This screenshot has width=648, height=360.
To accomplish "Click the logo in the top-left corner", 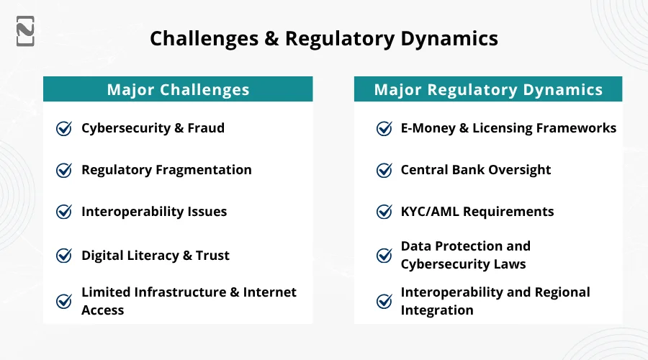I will [x=25, y=30].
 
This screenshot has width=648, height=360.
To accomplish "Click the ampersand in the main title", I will [x=271, y=38].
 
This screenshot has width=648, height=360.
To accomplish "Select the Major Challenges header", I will [x=178, y=89].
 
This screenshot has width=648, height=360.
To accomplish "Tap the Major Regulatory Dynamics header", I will [x=488, y=89].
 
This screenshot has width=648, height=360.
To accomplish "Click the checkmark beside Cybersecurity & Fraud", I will [x=64, y=128].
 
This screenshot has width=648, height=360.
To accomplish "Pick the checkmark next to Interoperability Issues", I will [x=64, y=212].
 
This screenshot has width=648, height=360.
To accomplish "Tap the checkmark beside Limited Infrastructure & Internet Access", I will [x=64, y=301].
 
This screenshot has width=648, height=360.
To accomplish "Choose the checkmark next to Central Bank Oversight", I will [x=384, y=170].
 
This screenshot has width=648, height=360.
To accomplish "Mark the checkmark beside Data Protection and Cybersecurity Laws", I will [x=384, y=255].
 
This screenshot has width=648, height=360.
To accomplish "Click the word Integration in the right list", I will [x=437, y=310].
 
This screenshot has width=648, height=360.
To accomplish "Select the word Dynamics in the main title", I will [x=452, y=38].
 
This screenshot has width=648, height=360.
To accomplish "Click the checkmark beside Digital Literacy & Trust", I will [x=64, y=255].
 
